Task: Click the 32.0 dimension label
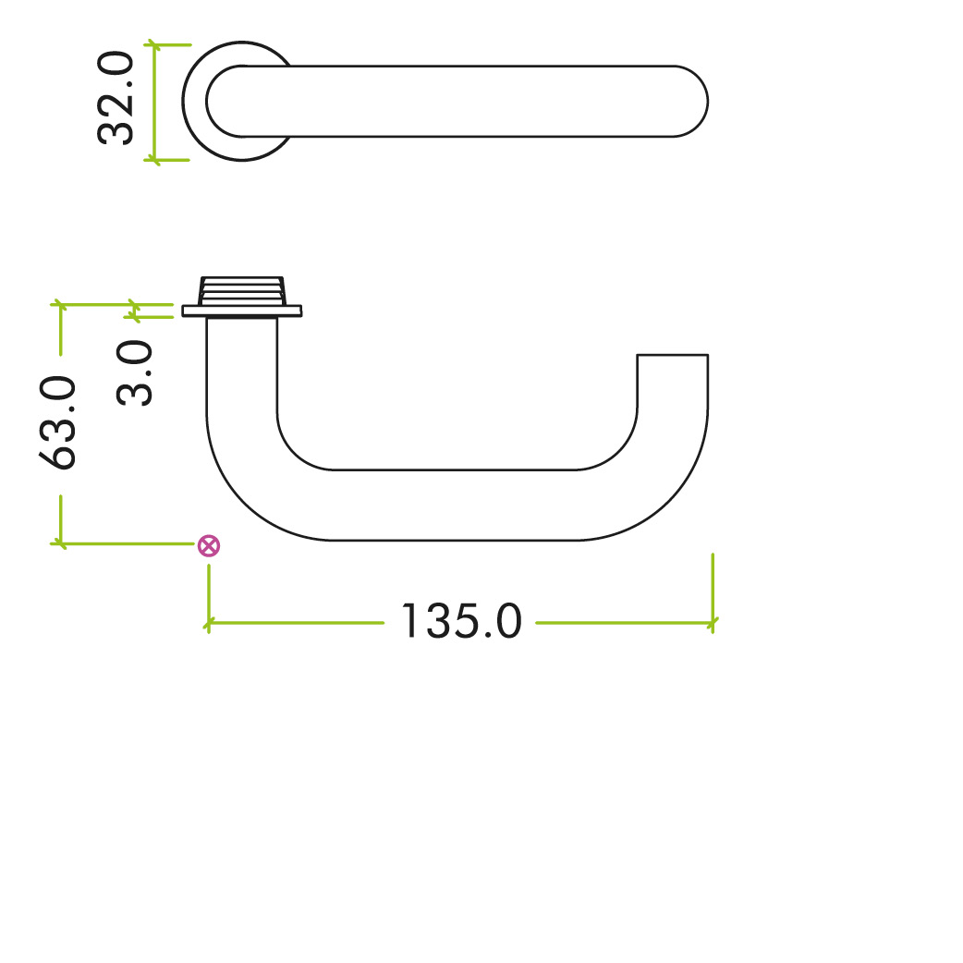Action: point(116,101)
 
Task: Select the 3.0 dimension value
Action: point(135,373)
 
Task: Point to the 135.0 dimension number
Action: point(460,623)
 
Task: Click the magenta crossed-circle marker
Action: point(210,545)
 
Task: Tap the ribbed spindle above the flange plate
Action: point(242,290)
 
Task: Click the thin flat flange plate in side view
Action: point(242,311)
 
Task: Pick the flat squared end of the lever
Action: point(673,356)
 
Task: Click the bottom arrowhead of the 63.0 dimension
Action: point(61,542)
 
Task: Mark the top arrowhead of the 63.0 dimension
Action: point(61,303)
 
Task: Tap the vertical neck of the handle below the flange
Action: point(242,370)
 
